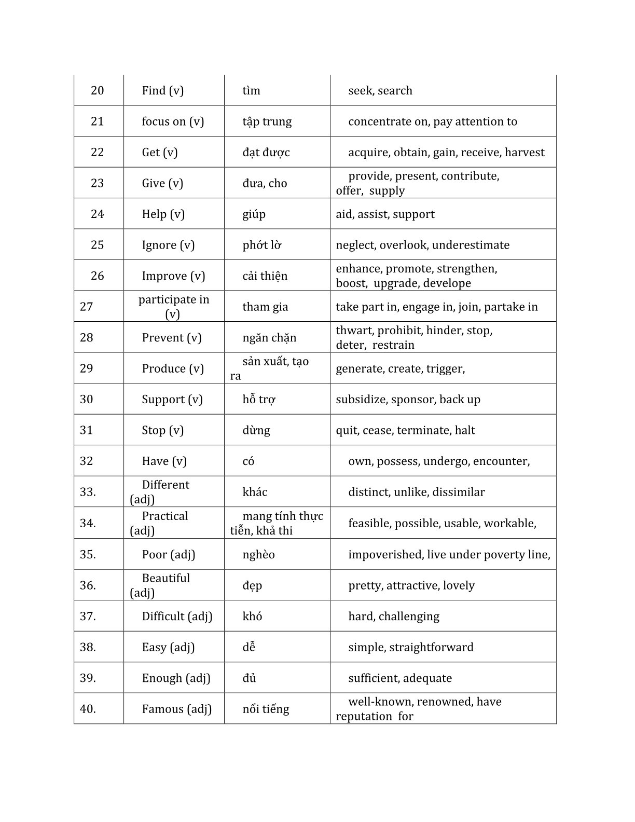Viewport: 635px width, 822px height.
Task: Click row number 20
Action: click(x=97, y=91)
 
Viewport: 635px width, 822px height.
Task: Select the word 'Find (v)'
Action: click(x=162, y=91)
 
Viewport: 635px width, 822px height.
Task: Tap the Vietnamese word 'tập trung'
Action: click(x=267, y=121)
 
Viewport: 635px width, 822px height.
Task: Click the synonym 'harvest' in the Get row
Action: click(x=524, y=153)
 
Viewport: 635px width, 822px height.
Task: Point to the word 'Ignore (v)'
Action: click(x=168, y=245)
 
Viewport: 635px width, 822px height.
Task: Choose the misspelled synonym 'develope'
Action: click(x=447, y=283)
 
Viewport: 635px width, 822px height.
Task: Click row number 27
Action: click(x=87, y=307)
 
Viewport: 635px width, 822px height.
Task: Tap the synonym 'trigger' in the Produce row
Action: click(x=445, y=369)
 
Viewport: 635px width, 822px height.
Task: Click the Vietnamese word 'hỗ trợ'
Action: click(x=259, y=400)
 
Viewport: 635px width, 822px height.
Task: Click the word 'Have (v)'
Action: click(x=164, y=461)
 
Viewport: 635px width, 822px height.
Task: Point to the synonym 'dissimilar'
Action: click(x=458, y=492)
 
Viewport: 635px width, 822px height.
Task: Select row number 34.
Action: click(x=88, y=523)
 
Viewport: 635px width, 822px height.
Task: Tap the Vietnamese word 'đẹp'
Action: click(x=252, y=586)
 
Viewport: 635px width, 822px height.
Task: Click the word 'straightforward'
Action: click(x=431, y=648)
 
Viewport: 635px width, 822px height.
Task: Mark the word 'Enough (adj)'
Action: click(x=176, y=678)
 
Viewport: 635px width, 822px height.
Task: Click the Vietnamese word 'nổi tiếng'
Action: click(x=266, y=709)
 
